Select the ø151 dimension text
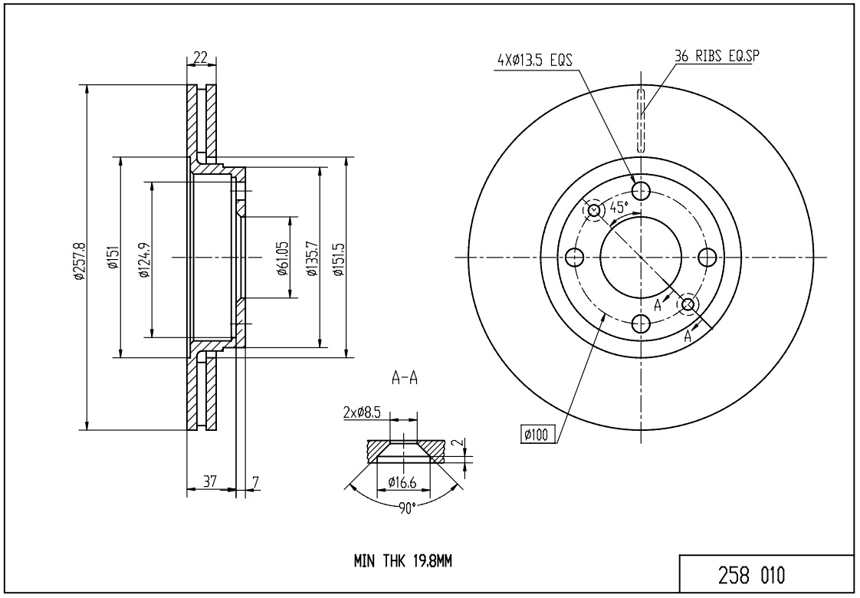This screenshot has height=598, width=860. coord(112,258)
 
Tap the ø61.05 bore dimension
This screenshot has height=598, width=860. coord(282,258)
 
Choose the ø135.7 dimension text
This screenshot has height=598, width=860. coord(310,258)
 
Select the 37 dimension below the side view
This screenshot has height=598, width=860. coord(209,481)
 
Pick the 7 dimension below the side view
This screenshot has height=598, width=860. coord(255,481)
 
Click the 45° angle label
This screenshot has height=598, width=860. coord(618,206)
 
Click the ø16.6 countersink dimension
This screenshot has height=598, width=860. coord(402,482)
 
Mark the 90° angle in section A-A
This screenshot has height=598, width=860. coord(406,508)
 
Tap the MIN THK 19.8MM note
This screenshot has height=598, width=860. coord(402,561)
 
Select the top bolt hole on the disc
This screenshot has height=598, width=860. coord(641,190)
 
